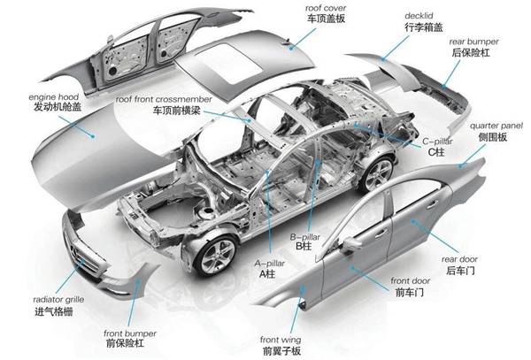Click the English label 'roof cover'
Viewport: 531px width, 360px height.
pos(326,8)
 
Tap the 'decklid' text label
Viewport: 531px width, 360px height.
pos(419,16)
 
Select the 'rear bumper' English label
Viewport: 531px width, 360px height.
pos(473,42)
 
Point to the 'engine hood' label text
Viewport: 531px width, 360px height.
pos(53,97)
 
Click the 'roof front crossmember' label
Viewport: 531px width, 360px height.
pos(164,99)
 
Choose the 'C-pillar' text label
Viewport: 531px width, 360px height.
pos(437,142)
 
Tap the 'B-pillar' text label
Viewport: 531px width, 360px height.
pos(304,237)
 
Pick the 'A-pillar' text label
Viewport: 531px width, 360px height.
pos(270,264)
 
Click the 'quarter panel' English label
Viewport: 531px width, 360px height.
pos(496,126)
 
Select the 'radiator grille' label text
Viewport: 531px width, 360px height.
pos(58,300)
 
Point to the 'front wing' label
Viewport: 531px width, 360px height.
pos(281,340)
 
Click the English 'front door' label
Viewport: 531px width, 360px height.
pos(410,280)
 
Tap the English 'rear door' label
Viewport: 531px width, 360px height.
pos(459,259)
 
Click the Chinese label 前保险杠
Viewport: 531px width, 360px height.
pos(125,344)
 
